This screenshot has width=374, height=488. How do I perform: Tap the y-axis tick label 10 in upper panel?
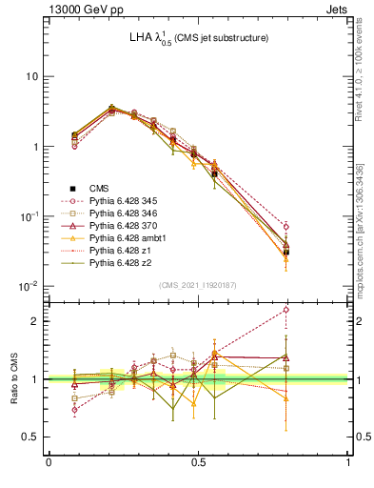pos(33,76)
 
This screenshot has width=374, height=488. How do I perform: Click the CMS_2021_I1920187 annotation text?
pos(197,285)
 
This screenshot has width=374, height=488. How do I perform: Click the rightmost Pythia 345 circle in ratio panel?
pos(285,310)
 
